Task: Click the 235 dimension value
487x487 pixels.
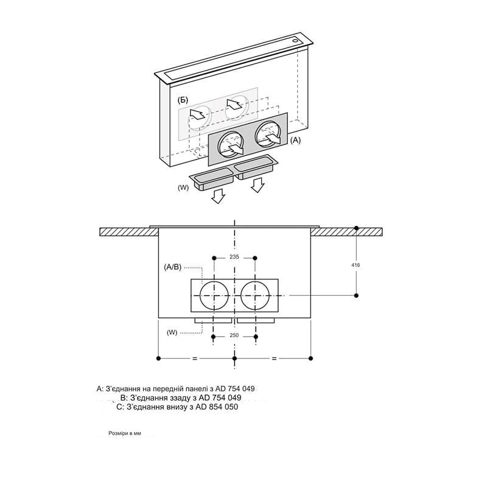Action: point(234,257)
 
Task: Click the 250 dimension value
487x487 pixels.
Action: point(234,335)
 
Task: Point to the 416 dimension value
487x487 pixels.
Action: point(356,265)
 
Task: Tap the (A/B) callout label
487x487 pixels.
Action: point(172,267)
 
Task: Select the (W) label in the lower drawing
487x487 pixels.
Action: point(172,332)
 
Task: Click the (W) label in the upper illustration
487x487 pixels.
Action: point(183,187)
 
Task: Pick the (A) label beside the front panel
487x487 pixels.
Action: point(295,141)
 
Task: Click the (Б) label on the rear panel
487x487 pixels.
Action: point(183,100)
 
